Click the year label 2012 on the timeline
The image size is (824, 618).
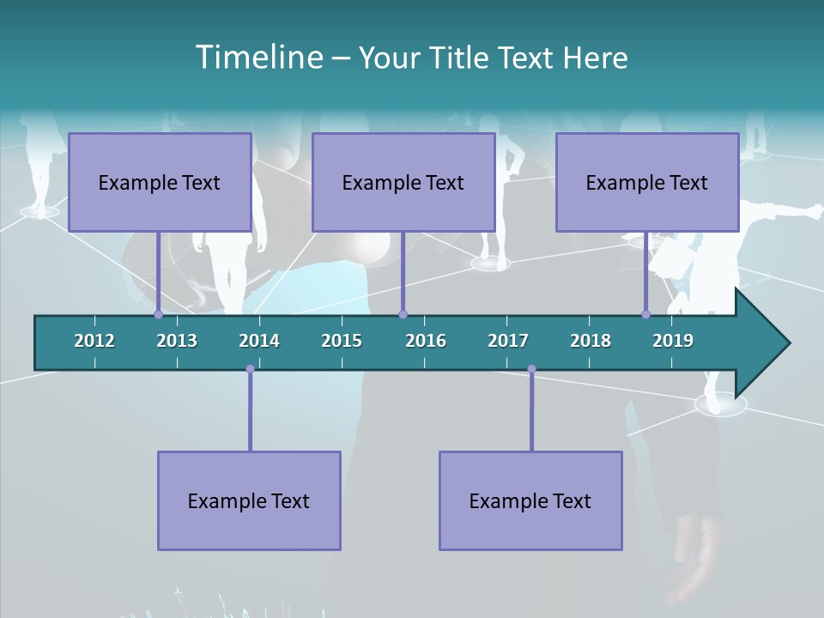(94, 341)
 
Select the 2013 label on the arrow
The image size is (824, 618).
(177, 341)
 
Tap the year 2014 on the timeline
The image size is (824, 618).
(259, 341)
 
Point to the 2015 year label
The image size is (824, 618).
(342, 341)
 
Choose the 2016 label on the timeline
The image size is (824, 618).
(426, 341)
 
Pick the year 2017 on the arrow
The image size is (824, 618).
(508, 341)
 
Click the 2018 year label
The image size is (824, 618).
(591, 341)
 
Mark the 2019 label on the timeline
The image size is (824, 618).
(673, 341)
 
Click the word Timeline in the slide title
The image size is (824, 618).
(257, 58)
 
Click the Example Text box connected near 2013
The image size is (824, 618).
(160, 182)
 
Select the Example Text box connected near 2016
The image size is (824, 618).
(403, 182)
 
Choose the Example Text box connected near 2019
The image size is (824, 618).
(647, 182)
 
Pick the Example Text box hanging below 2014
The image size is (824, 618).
(249, 500)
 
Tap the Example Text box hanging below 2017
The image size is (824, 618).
(530, 500)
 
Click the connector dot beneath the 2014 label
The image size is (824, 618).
(250, 369)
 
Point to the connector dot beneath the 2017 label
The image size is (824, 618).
(531, 369)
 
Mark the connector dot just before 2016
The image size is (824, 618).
(403, 314)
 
